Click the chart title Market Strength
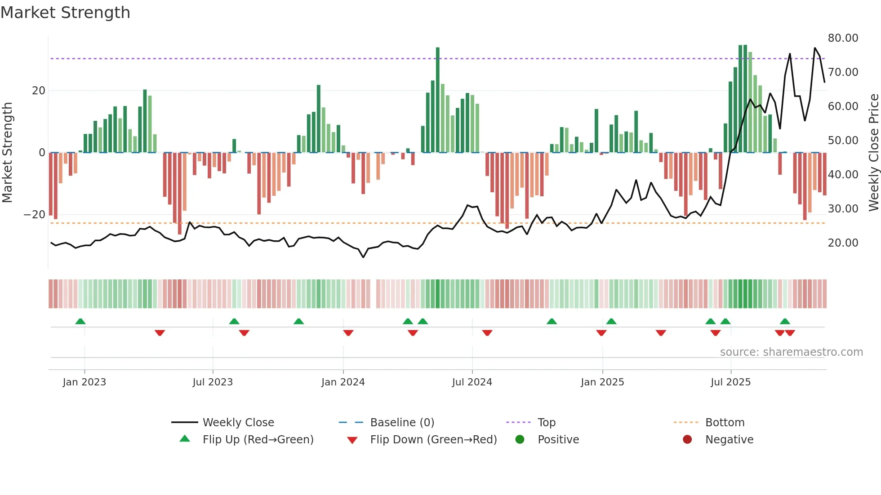tap(65, 13)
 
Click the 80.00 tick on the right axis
tap(843, 38)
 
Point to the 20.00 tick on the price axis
tap(843, 243)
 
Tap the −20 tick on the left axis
tap(35, 215)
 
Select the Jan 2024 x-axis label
tap(343, 382)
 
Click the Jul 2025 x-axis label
tap(730, 382)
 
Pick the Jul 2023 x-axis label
tap(213, 382)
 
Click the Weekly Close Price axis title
tap(873, 153)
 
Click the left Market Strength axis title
tap(7, 153)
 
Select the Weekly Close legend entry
tap(238, 423)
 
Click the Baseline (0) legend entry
tap(402, 423)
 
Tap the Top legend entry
tap(547, 423)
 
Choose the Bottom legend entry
tap(725, 423)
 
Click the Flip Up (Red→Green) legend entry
tap(258, 440)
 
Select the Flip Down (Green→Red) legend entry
tap(433, 440)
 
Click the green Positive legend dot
tap(520, 440)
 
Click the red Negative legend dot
tap(687, 440)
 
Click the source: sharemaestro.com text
tap(791, 352)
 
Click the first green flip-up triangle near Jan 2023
tap(80, 322)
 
